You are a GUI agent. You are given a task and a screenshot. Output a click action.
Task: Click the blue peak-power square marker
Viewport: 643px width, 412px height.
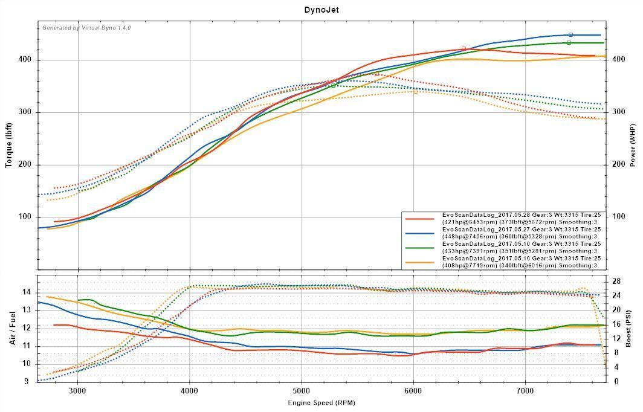coord(570,35)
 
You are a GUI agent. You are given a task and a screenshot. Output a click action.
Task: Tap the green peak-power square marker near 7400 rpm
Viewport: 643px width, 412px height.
coord(569,43)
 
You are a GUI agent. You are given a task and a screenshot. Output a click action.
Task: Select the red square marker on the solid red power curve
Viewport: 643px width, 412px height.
coord(464,49)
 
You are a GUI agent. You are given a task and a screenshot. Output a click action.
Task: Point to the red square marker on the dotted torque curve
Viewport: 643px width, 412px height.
coord(376,74)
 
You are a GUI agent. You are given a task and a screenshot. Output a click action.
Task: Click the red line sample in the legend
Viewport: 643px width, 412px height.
coord(421,219)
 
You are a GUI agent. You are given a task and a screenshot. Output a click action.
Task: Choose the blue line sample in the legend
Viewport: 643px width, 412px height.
coord(421,233)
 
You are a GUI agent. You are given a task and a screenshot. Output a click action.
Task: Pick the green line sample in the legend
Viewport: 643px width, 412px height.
coord(421,247)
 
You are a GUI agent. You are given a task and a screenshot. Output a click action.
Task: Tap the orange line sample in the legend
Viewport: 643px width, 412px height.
coord(421,262)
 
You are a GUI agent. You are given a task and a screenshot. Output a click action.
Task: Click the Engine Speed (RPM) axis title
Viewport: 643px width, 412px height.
coord(321,402)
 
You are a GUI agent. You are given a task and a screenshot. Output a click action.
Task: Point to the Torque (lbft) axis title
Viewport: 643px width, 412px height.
coord(9,144)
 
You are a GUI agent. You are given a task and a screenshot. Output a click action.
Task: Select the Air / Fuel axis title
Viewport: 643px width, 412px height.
coord(11,328)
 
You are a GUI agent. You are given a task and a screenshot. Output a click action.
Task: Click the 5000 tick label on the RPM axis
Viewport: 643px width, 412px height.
coord(302,391)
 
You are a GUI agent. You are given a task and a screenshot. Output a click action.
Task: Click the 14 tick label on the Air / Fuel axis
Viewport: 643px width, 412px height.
coord(27,292)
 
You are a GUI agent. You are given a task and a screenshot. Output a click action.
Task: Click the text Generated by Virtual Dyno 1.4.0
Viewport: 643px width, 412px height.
coord(86,28)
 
